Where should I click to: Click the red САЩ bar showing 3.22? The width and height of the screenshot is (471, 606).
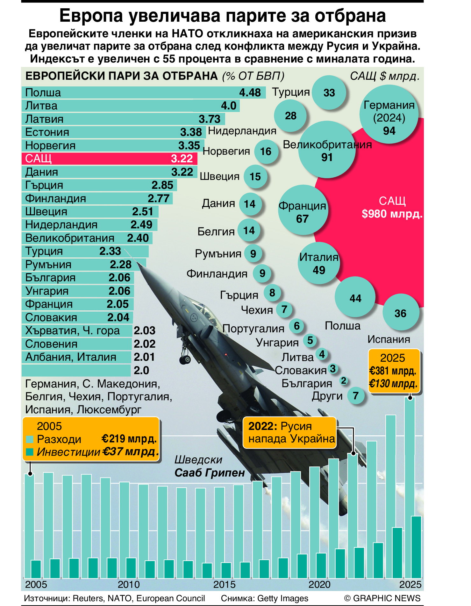pos(109,159)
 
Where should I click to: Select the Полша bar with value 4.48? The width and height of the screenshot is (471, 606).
pos(143,92)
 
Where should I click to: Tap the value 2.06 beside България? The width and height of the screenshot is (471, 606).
pos(119,278)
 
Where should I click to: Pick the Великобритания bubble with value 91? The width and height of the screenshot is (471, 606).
pos(327,150)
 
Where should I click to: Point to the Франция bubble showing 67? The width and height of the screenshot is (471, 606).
pos(302,210)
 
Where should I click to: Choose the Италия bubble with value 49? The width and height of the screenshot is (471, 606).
pos(319,263)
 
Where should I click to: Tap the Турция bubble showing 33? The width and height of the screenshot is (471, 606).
pos(329,93)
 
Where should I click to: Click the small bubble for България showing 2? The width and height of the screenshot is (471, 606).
pos(343,381)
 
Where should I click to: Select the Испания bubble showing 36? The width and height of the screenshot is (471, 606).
pos(400,313)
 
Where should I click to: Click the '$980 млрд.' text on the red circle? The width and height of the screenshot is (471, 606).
pos(392,214)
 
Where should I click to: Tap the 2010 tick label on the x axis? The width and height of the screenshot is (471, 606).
pos(129,584)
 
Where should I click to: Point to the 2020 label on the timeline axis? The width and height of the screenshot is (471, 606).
pos(319,584)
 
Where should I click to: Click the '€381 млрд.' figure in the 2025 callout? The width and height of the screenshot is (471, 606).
pos(393,371)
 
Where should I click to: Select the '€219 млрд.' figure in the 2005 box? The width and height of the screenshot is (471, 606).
pos(129,439)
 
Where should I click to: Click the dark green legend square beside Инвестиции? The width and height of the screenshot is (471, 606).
pos(30,452)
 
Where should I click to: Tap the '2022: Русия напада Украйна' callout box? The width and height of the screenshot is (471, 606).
pos(289,432)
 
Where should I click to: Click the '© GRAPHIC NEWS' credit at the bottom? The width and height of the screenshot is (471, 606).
pos(382,598)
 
